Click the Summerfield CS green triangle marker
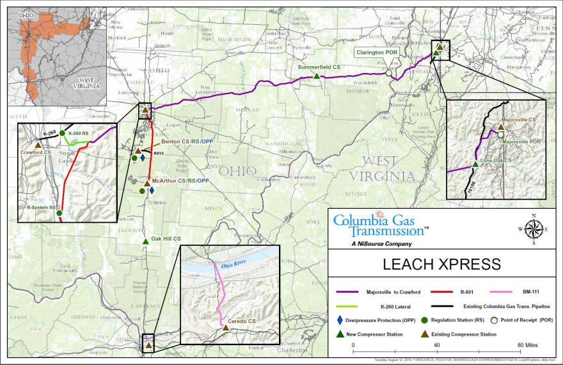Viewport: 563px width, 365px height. point(317,76)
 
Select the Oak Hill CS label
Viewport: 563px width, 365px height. point(166,239)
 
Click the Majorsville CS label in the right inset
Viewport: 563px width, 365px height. point(518,120)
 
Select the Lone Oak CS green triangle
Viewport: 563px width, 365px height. point(475,165)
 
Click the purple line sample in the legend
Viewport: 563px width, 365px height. point(353,292)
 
